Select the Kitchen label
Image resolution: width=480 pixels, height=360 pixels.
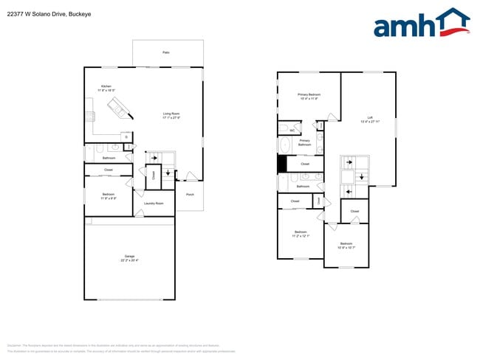coord(106,86)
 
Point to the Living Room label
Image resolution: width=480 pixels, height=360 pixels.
coord(171,114)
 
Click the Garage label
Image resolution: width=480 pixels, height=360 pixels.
coord(128,256)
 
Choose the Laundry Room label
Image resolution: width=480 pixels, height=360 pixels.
coord(154,203)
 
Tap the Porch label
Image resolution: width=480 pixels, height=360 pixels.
coord(190,195)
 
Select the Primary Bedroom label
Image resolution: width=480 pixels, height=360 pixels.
coord(309,94)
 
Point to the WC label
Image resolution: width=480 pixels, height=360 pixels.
coord(292,131)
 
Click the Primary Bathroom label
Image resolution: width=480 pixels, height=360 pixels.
coord(305,143)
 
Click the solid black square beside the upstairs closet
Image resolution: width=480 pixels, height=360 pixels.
coord(281,164)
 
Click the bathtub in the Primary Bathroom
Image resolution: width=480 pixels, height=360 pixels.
coord(284,145)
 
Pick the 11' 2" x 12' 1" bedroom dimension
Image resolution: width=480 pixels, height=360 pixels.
coord(301,235)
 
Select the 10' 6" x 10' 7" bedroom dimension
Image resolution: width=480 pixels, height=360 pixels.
coord(346,247)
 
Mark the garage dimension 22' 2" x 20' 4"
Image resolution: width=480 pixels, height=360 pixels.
coord(128,260)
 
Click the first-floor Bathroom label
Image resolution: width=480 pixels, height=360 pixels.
coord(109,158)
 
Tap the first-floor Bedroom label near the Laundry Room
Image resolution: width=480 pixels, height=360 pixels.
coord(108,194)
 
